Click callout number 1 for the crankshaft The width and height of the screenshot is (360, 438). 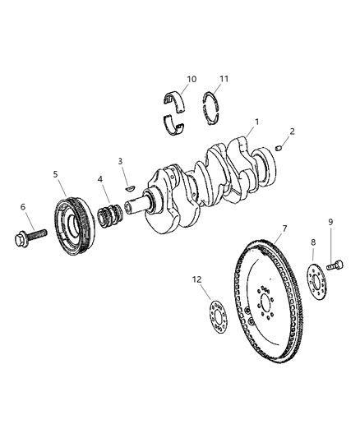click(x=257, y=122)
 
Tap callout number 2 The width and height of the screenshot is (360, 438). click(x=292, y=131)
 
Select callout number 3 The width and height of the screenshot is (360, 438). click(x=120, y=161)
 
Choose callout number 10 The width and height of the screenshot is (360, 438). click(x=191, y=79)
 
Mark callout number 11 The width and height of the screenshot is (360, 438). click(x=224, y=81)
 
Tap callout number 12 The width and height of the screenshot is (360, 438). click(x=196, y=280)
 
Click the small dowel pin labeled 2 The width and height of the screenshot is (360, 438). click(x=279, y=148)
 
